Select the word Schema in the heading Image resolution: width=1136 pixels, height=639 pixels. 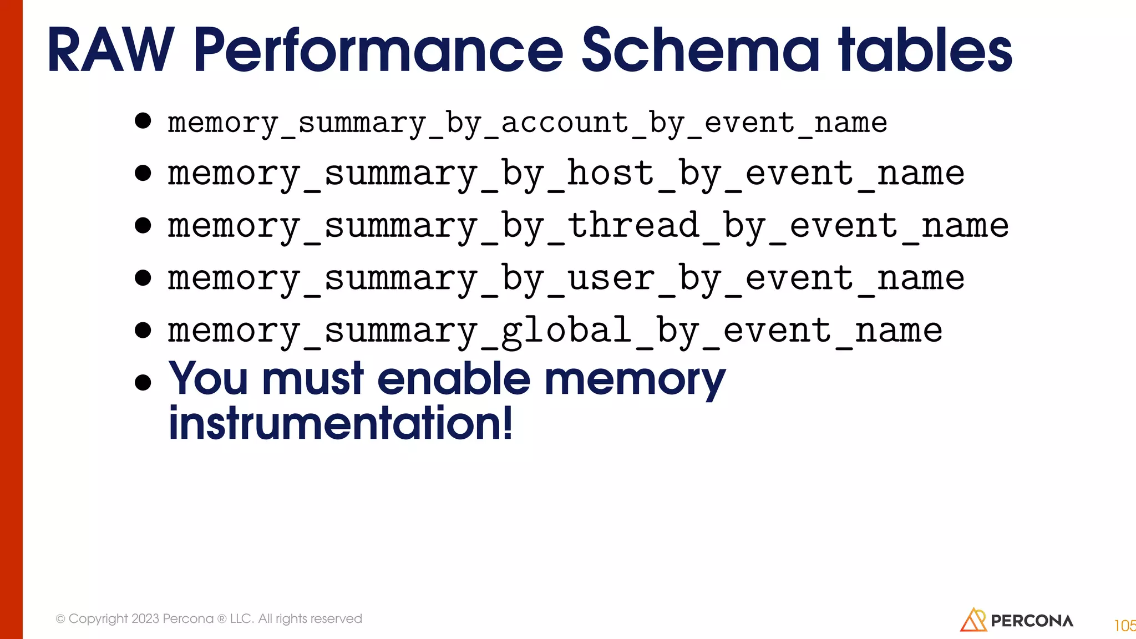(700, 51)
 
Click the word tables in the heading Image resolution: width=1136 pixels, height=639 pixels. (926, 51)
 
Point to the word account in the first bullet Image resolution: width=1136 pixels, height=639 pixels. (564, 123)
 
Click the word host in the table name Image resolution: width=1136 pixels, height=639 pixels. (610, 174)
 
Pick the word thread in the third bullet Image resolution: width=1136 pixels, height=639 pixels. (633, 226)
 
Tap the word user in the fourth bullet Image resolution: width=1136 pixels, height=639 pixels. (611, 278)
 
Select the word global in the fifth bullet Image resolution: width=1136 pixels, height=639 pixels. (566, 331)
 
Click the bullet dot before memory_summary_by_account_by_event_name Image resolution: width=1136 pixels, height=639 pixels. (143, 120)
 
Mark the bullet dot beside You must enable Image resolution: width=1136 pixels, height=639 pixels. (143, 382)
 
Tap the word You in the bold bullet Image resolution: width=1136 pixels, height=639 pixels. (208, 379)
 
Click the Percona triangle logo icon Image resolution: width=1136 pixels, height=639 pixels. (973, 620)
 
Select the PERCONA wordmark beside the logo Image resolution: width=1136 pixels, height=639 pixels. (1032, 621)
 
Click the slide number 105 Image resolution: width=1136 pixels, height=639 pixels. (1124, 626)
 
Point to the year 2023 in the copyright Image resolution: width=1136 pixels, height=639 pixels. (145, 618)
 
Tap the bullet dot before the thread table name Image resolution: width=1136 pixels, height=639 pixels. (143, 225)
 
